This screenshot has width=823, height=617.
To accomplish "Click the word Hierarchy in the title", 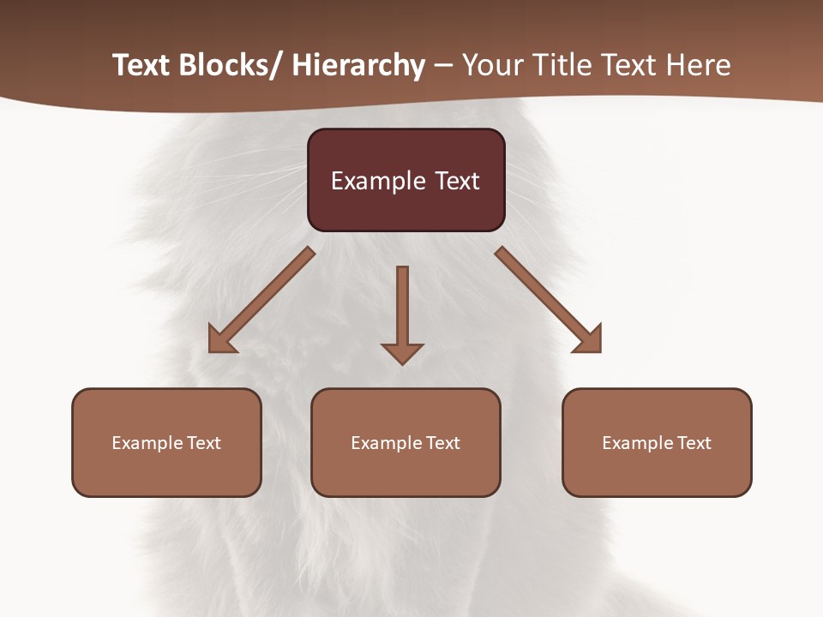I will pos(358,65).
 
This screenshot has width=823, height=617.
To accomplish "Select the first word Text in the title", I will pos(141,65).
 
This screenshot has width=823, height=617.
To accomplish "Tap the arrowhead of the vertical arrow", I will pos(402,353).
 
